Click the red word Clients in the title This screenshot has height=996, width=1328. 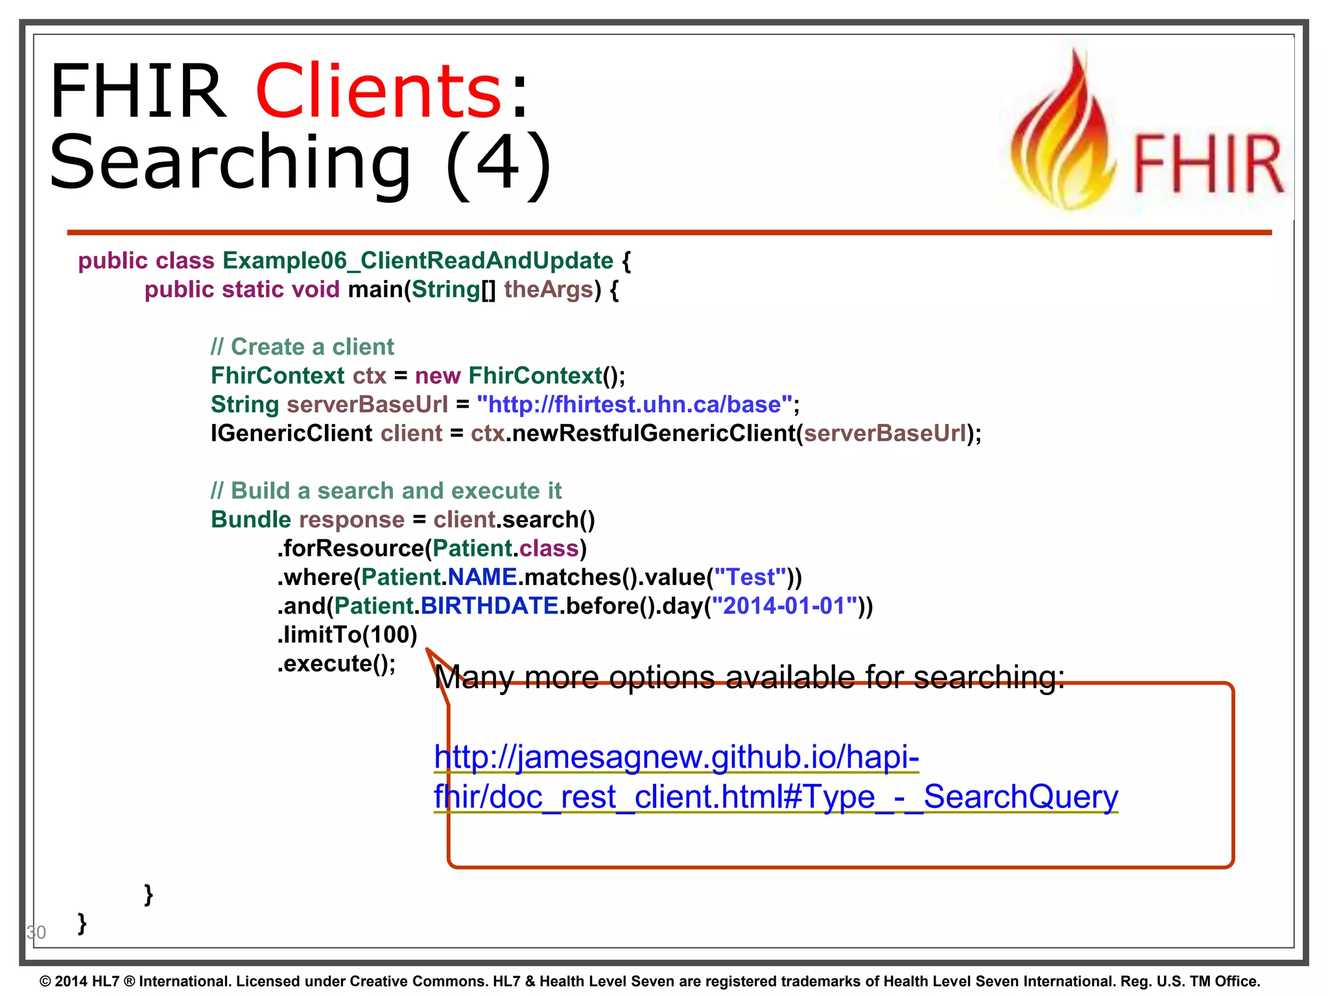[379, 91]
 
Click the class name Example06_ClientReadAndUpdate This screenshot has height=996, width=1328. [418, 261]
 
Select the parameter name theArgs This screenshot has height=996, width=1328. [549, 289]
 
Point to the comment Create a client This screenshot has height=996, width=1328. [302, 347]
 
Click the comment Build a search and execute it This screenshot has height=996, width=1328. [386, 491]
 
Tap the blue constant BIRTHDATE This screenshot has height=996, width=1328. [490, 606]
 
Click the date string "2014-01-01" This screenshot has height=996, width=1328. [784, 606]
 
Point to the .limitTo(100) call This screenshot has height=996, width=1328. [347, 635]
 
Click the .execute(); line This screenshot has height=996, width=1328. [337, 663]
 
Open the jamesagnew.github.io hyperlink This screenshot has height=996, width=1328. [676, 757]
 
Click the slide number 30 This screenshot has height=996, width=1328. [36, 932]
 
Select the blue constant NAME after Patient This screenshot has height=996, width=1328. [482, 577]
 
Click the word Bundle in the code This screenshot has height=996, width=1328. [251, 519]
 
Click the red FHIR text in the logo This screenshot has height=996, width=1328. [1208, 165]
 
